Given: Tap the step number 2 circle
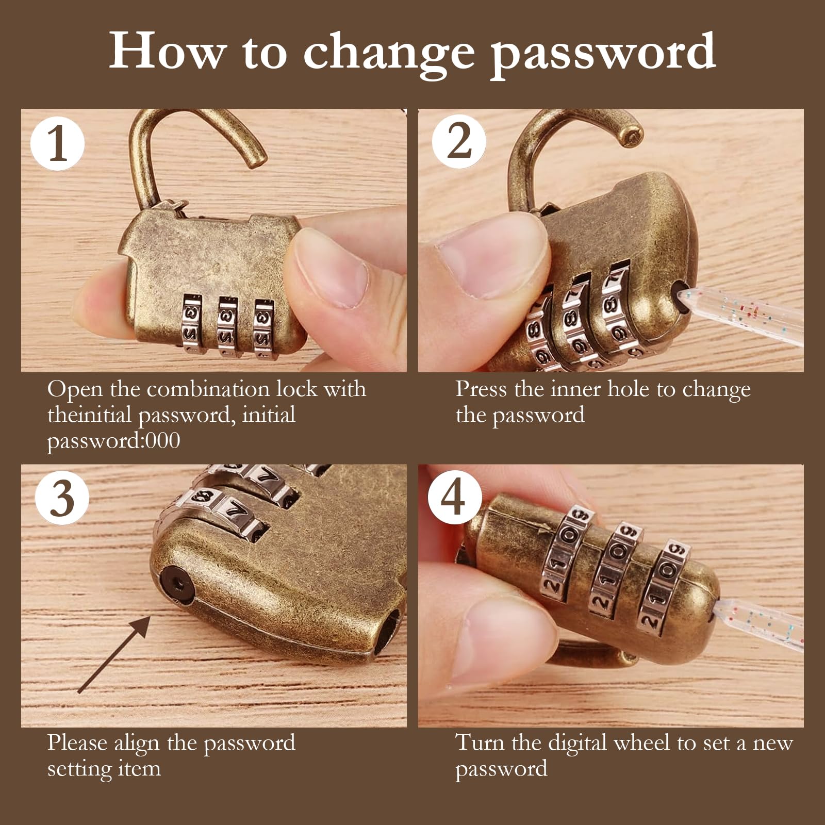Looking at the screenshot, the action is click(x=459, y=141).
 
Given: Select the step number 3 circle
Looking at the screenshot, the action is click(x=62, y=498).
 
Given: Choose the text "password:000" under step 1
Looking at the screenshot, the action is click(x=114, y=441).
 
